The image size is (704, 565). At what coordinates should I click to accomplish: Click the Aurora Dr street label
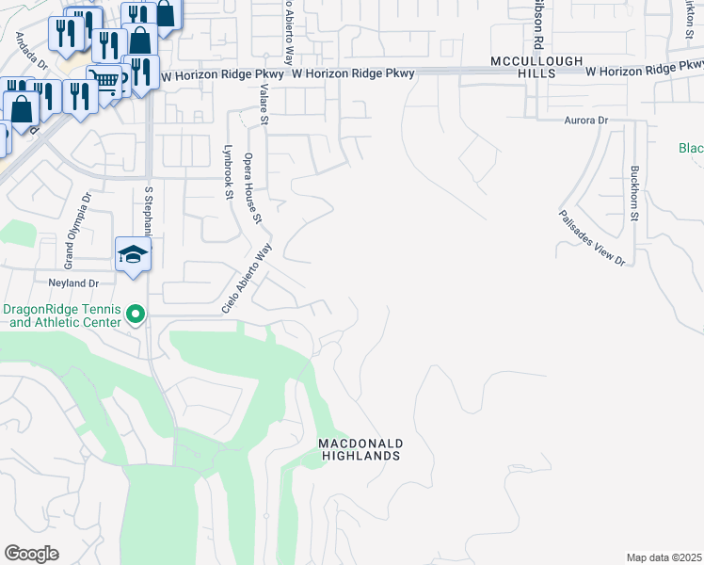[586, 121]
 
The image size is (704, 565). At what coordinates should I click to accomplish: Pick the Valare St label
[264, 105]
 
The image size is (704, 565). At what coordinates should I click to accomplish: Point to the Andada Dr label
[31, 51]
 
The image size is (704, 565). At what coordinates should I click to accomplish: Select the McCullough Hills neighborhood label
[538, 67]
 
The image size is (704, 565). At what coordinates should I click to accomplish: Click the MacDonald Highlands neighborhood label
[360, 449]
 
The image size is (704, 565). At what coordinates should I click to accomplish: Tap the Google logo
[31, 554]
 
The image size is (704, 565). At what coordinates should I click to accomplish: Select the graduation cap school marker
[134, 254]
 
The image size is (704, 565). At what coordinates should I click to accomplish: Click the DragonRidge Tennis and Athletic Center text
[62, 315]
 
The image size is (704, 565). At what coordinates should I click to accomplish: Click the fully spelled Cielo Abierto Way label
[247, 279]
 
